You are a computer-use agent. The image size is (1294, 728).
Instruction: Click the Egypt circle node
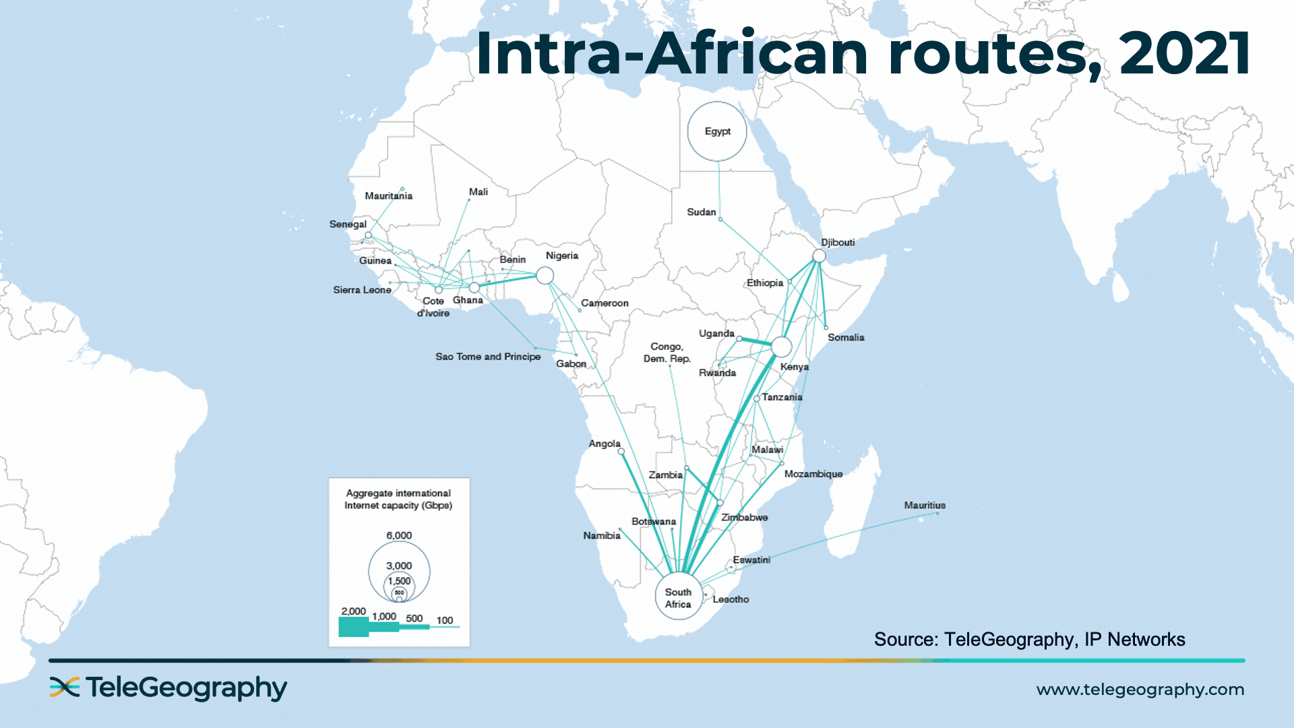pyautogui.click(x=717, y=131)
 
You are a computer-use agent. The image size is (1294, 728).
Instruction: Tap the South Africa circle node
pyautogui.click(x=679, y=596)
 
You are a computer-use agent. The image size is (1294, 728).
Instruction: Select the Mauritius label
pyautogui.click(x=925, y=505)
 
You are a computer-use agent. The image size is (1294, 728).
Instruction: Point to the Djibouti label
pyautogui.click(x=838, y=243)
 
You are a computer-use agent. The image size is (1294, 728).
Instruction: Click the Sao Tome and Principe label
pyautogui.click(x=488, y=357)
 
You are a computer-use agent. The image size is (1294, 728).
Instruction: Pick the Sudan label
pyautogui.click(x=701, y=212)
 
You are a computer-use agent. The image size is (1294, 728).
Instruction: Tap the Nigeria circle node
pyautogui.click(x=545, y=275)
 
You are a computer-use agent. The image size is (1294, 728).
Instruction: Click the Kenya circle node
pyautogui.click(x=781, y=346)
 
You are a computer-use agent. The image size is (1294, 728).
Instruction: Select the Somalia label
pyautogui.click(x=846, y=337)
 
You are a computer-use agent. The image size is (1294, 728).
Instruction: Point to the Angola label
pyautogui.click(x=604, y=444)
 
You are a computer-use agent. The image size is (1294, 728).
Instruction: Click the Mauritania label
pyautogui.click(x=388, y=195)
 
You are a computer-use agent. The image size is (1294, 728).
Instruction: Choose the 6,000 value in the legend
pyautogui.click(x=399, y=535)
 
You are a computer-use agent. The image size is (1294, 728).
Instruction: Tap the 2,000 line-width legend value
pyautogui.click(x=353, y=611)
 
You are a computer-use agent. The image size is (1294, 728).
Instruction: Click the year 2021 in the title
pyautogui.click(x=1184, y=54)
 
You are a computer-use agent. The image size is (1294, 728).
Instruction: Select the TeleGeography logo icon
pyautogui.click(x=65, y=687)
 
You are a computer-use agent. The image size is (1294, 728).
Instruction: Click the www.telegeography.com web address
pyautogui.click(x=1140, y=690)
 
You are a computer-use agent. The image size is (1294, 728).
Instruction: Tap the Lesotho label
pyautogui.click(x=731, y=599)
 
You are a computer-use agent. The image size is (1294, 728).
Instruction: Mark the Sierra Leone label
pyautogui.click(x=362, y=290)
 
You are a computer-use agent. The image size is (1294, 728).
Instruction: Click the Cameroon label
pyautogui.click(x=605, y=303)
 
